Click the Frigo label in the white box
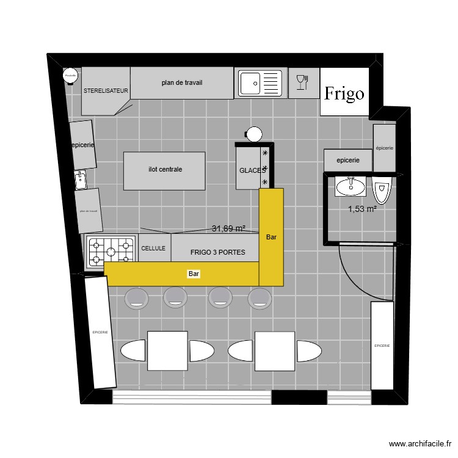(344, 93)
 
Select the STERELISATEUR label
(106, 90)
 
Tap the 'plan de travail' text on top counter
(182, 82)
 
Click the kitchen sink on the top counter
(260, 82)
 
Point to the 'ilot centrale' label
(165, 170)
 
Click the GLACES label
(252, 170)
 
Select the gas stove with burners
(111, 250)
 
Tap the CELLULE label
(153, 249)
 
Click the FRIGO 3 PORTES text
(217, 252)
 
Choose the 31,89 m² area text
(228, 229)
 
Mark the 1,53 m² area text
(362, 209)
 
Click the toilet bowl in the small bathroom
(382, 190)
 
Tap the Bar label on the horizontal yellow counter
(194, 275)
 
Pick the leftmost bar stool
(136, 297)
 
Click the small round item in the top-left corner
(70, 76)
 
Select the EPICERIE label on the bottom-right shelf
(382, 346)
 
